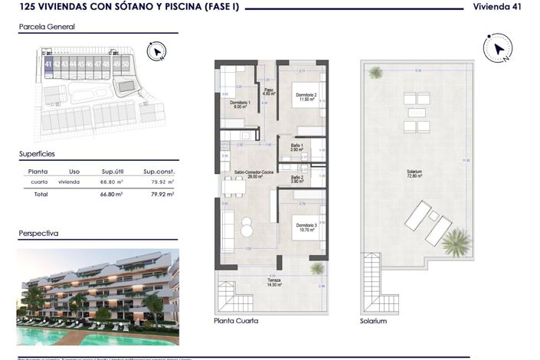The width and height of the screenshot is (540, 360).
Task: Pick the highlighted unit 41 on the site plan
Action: click(48, 64)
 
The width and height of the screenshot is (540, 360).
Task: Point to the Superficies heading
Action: click(38, 154)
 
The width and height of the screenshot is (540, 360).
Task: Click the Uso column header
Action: click(74, 172)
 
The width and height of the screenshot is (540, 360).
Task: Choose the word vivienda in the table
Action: click(69, 182)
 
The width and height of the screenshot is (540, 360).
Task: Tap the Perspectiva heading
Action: click(39, 233)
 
